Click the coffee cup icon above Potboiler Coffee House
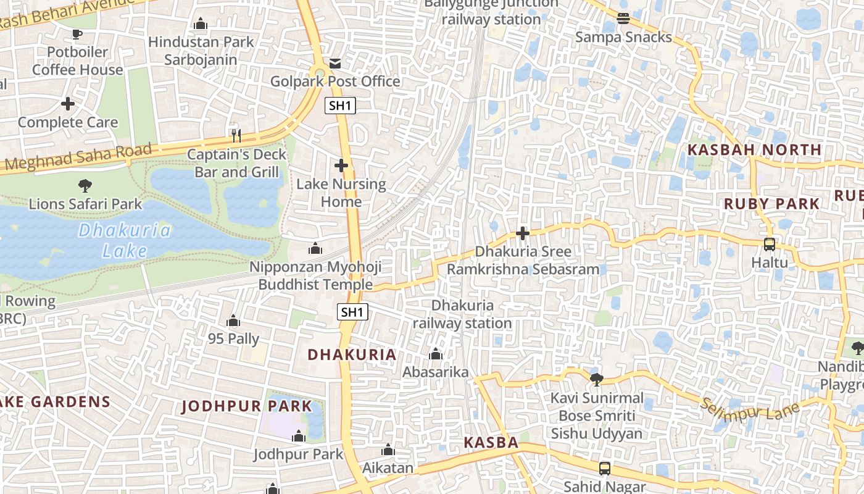tap(77, 34)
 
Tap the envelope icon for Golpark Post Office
tap(335, 63)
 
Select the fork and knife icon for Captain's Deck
tap(236, 136)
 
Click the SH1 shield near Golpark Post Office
tap(340, 106)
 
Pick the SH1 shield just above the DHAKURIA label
tap(352, 312)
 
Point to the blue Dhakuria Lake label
tap(125, 240)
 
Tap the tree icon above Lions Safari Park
tap(85, 185)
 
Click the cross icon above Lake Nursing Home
tap(341, 165)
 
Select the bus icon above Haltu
tap(769, 244)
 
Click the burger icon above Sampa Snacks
tap(623, 18)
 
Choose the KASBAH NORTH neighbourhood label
tap(754, 150)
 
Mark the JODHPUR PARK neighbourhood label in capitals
tap(247, 406)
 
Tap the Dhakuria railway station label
tap(462, 314)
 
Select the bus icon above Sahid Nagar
tap(604, 468)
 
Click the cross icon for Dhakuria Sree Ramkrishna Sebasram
tap(523, 233)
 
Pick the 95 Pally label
tap(233, 339)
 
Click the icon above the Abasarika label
tap(436, 354)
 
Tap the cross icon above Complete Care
tap(68, 104)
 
